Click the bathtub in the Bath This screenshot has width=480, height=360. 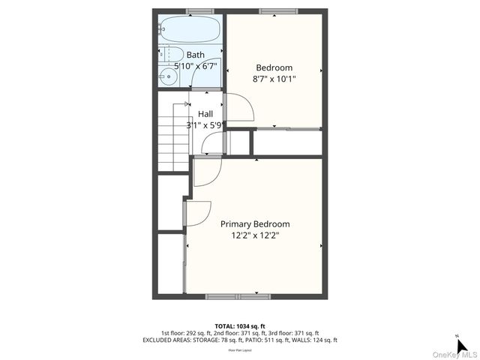point(190,30)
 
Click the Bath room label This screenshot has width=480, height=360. point(195,55)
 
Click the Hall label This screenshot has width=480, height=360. point(205,114)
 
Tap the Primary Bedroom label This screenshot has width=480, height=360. point(254,223)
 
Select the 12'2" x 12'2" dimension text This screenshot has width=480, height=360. point(255,235)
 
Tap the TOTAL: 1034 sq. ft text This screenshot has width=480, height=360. point(239,325)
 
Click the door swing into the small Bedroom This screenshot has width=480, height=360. point(238,108)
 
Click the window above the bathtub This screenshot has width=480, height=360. point(199,10)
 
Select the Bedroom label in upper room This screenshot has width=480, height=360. point(274,67)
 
